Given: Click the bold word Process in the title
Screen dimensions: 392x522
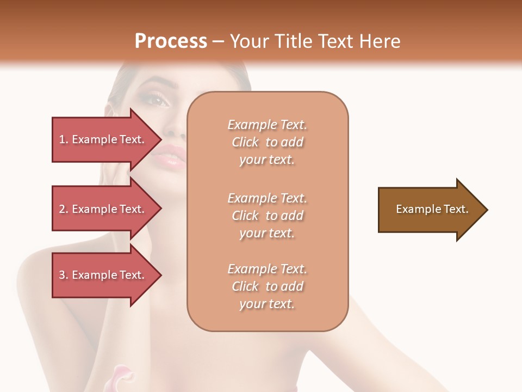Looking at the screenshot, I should click(171, 41).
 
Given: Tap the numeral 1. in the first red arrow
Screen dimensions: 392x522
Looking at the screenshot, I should click(64, 139).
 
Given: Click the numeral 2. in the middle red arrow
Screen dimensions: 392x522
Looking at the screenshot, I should click(64, 209).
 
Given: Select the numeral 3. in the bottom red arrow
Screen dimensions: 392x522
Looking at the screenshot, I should click(64, 275).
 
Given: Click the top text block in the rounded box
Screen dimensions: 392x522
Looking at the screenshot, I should click(267, 142).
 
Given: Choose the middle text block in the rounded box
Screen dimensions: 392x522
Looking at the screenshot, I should click(267, 216).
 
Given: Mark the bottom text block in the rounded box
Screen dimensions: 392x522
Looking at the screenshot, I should click(267, 286).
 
